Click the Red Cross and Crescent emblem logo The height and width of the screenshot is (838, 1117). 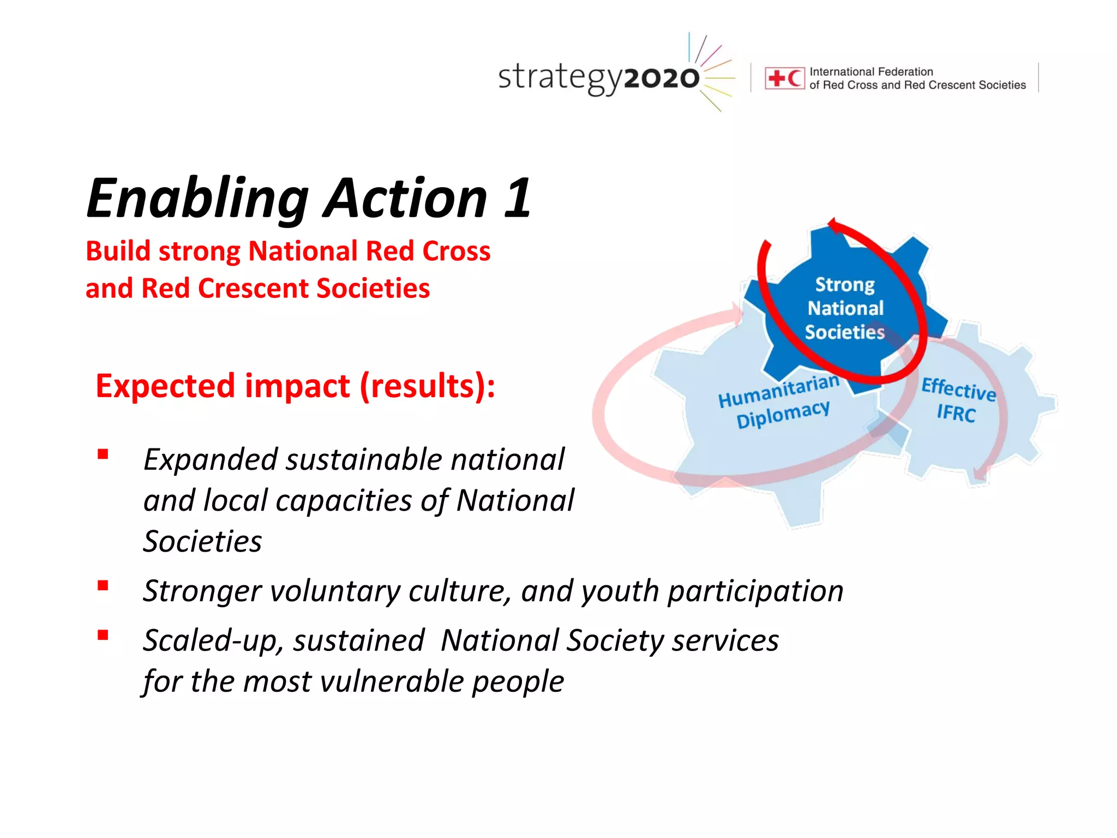(x=784, y=79)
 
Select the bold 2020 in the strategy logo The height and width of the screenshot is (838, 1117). (x=661, y=79)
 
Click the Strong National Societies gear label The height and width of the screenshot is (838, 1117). (x=845, y=308)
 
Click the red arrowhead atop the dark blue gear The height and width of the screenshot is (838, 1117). (x=834, y=225)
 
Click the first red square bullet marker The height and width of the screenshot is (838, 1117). (x=103, y=454)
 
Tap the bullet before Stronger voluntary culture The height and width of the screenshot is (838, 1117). (x=103, y=586)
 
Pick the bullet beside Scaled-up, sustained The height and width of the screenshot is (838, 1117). (x=103, y=635)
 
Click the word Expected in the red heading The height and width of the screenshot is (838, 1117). (x=166, y=386)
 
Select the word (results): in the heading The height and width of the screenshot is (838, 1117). (x=428, y=386)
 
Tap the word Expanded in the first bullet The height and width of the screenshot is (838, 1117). (x=211, y=459)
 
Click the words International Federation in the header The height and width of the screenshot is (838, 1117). (x=871, y=71)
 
